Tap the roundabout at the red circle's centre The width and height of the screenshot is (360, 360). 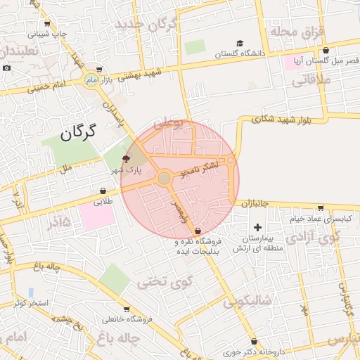coord(165,179)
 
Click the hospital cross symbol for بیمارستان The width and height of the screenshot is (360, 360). coord(258,227)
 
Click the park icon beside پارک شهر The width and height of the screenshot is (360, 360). coord(126,159)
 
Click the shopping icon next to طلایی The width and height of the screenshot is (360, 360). coord(103,191)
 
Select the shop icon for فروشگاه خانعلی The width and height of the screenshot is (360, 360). coord(127,309)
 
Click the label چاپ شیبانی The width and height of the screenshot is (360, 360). coord(49,33)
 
